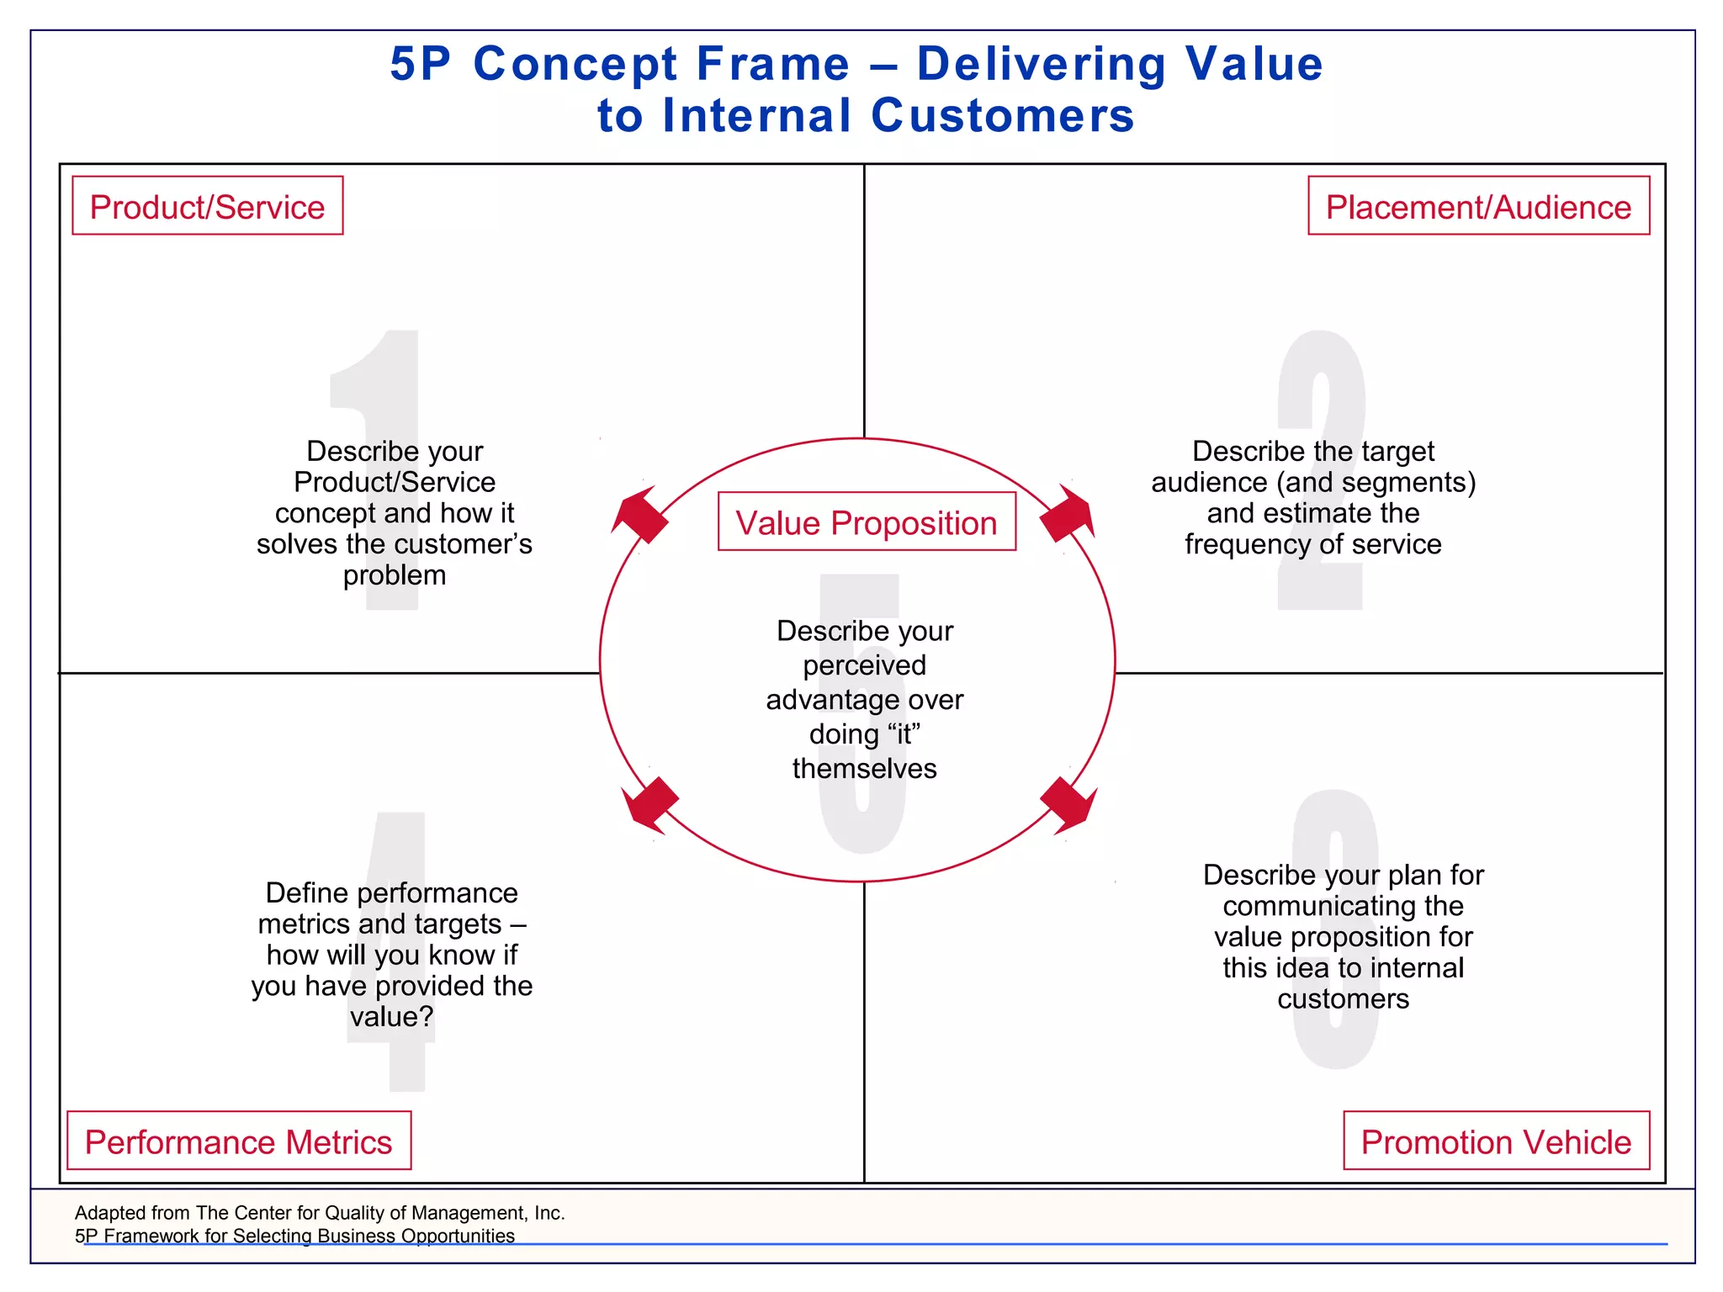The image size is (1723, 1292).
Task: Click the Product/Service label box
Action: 207,206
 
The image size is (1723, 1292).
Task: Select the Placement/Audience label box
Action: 1478,206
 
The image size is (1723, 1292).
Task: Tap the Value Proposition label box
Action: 867,522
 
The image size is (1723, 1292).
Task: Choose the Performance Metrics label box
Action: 239,1141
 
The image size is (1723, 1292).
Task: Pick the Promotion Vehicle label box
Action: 1496,1141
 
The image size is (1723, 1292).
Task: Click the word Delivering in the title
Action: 1041,64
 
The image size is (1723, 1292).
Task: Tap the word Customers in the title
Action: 1003,115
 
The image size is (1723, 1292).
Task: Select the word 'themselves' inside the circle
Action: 864,768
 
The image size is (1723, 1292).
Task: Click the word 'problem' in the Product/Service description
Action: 394,575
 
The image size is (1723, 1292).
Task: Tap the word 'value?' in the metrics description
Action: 391,1017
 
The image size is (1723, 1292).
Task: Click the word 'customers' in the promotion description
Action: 1343,998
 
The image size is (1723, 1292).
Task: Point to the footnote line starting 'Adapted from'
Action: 320,1212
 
